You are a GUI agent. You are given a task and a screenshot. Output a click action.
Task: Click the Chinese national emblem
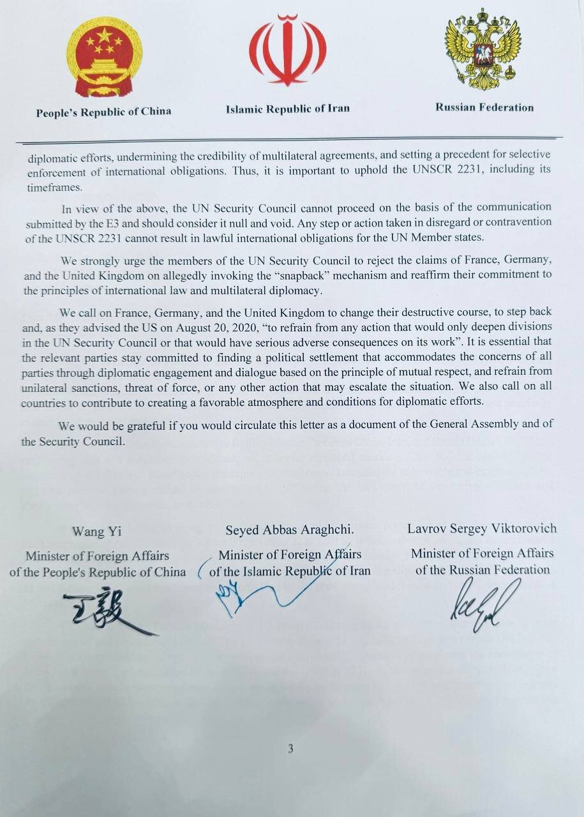[105, 57]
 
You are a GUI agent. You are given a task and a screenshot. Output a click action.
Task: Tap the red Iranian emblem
[287, 51]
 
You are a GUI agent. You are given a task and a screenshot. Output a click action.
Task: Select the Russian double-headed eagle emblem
[483, 49]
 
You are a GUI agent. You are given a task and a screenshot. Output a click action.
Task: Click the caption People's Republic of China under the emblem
[103, 112]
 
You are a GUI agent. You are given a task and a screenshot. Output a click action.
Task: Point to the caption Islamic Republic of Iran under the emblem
[287, 109]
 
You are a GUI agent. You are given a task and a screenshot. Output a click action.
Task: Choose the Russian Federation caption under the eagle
[484, 107]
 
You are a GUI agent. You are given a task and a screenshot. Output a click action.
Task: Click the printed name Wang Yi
[97, 532]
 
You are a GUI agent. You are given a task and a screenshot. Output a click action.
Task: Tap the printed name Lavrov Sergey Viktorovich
[482, 528]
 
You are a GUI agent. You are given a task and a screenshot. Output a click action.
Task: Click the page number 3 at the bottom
[290, 749]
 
